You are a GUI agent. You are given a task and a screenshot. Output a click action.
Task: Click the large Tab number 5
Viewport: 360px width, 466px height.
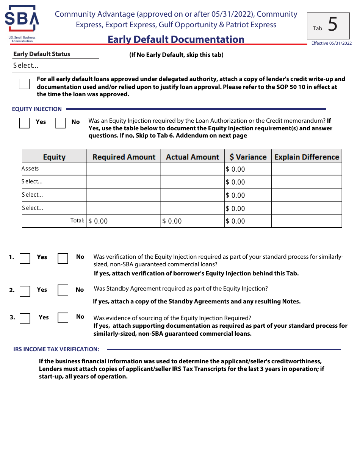click(x=332, y=25)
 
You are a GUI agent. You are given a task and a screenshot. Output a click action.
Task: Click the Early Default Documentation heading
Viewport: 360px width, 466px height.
click(x=176, y=39)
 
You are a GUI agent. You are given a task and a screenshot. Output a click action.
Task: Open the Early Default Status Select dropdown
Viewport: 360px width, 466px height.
click(x=56, y=66)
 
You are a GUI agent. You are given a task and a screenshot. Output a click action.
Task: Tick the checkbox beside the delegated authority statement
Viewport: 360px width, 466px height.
click(x=24, y=84)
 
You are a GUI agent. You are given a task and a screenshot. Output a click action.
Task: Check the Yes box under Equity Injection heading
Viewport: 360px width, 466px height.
click(x=24, y=123)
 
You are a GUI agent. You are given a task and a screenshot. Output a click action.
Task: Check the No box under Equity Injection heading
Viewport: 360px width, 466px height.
click(x=61, y=123)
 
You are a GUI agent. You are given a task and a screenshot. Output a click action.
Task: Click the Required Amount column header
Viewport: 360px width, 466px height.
click(x=124, y=157)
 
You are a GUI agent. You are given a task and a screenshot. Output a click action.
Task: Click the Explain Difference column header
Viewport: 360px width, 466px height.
click(x=306, y=157)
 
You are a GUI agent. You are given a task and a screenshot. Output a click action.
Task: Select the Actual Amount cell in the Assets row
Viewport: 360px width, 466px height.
click(x=192, y=169)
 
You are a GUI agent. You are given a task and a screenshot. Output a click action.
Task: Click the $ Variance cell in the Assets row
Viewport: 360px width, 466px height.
click(x=247, y=169)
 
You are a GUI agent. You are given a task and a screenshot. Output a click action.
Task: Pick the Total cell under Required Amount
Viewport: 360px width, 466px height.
click(x=124, y=221)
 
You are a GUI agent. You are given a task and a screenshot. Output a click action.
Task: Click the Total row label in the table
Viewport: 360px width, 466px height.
click(x=77, y=220)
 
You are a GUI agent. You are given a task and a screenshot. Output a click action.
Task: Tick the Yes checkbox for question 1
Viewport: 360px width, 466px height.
click(x=25, y=258)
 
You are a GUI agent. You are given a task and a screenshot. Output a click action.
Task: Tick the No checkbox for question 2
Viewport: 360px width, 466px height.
click(x=63, y=291)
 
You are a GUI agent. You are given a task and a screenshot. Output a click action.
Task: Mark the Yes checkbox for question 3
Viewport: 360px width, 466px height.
click(x=25, y=318)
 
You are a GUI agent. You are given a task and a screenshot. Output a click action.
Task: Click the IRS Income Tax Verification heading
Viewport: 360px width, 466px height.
click(x=56, y=349)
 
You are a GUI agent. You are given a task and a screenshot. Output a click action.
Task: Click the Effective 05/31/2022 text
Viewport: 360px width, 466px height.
click(x=331, y=43)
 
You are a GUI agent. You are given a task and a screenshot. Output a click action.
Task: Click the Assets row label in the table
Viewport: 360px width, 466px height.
click(x=30, y=169)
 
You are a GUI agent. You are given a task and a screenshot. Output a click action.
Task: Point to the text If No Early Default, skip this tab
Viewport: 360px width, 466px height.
click(x=176, y=55)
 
